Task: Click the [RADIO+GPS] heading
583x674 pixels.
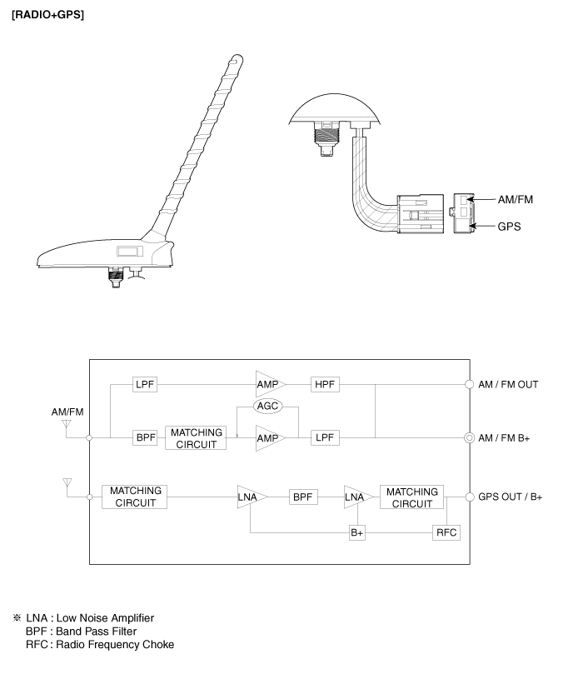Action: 47,15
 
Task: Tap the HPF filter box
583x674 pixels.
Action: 325,384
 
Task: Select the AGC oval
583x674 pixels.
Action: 267,407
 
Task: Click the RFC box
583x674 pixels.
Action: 446,532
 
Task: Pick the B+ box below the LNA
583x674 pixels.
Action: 357,532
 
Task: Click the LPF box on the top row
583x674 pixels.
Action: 145,384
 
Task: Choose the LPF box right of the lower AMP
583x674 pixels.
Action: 325,437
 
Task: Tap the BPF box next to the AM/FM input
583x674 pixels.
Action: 145,437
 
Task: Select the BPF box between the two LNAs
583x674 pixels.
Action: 303,497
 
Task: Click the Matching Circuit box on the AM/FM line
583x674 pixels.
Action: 196,438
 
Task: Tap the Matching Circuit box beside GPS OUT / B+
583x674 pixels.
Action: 411,497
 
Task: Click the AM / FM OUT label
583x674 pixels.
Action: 508,384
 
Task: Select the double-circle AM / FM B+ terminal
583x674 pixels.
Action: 469,438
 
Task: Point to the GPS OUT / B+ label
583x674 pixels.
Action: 511,497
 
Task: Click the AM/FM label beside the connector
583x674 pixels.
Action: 515,199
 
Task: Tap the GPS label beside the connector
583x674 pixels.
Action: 509,227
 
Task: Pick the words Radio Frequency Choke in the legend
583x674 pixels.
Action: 115,644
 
